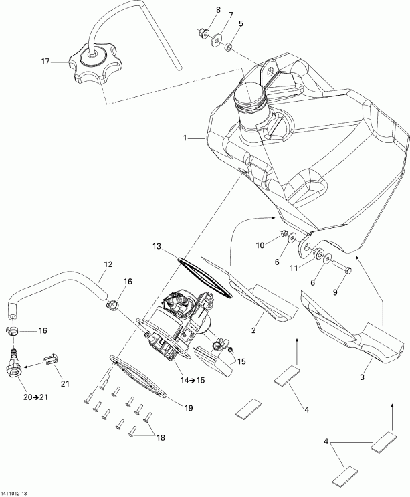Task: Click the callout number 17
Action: point(45,62)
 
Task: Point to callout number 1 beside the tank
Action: point(183,138)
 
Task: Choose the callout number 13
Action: point(156,247)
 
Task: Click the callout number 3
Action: point(361,378)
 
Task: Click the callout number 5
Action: point(241,23)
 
